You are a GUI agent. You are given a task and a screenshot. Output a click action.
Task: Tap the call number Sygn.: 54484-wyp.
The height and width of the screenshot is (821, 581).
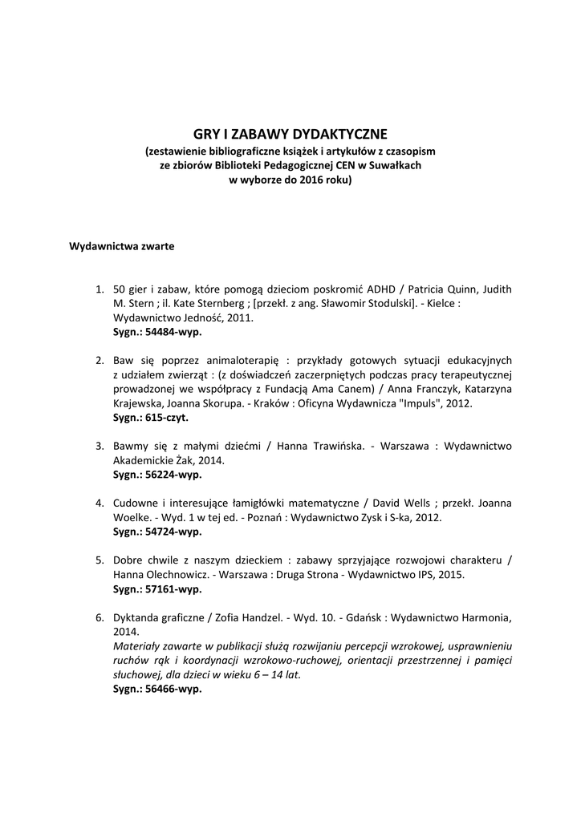[x=157, y=331]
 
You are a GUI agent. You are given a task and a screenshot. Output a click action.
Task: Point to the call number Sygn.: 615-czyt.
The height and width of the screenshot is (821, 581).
[x=151, y=418]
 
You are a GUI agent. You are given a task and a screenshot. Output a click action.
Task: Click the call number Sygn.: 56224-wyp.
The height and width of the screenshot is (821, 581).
[x=157, y=475]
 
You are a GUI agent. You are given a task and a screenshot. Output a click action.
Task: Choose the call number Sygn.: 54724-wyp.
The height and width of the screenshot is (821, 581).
[x=157, y=532]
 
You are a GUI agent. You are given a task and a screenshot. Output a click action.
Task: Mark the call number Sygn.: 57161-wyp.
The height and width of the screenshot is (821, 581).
[x=157, y=589]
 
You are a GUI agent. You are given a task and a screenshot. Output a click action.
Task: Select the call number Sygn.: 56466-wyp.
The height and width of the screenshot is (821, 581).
[x=157, y=689]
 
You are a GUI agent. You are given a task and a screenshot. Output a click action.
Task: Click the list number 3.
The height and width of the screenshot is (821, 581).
[x=100, y=447]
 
